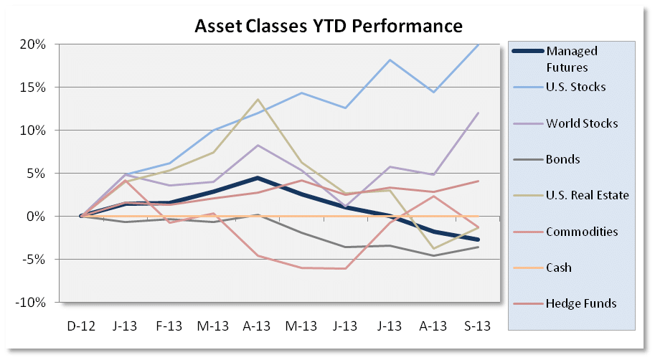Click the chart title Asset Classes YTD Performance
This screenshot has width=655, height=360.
(329, 27)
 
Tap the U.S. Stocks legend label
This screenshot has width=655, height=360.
(575, 87)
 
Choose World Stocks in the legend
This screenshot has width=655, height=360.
(582, 123)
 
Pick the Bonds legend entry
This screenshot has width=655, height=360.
(563, 159)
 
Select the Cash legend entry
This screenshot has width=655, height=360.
(559, 267)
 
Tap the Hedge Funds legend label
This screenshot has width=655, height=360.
(580, 303)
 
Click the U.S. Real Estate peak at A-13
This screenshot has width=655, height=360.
(257, 100)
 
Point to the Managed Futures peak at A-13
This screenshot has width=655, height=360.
(257, 177)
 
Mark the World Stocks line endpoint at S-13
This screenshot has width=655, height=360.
(477, 113)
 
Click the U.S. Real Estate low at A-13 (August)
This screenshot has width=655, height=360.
(433, 248)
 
